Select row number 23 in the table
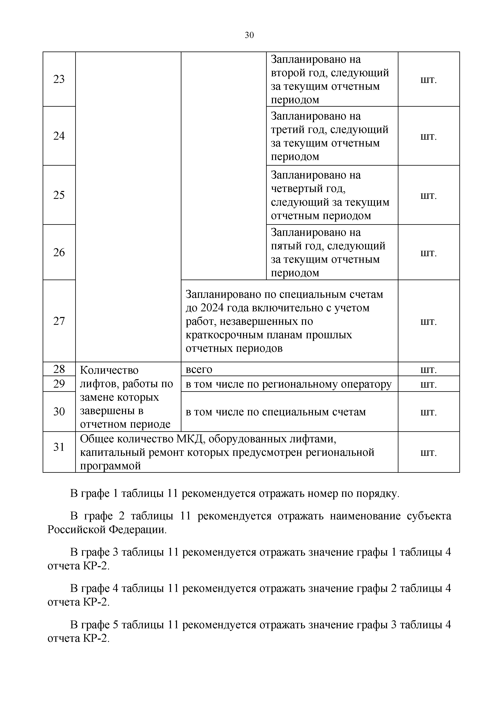pyautogui.click(x=59, y=79)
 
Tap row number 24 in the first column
pyautogui.click(x=59, y=136)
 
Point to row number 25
pyautogui.click(x=59, y=195)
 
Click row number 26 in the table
pyautogui.click(x=59, y=252)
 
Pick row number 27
pyautogui.click(x=59, y=321)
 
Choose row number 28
pyautogui.click(x=59, y=369)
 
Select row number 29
pyautogui.click(x=59, y=384)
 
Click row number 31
pyautogui.click(x=59, y=447)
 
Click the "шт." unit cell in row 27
pyautogui.click(x=428, y=321)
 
